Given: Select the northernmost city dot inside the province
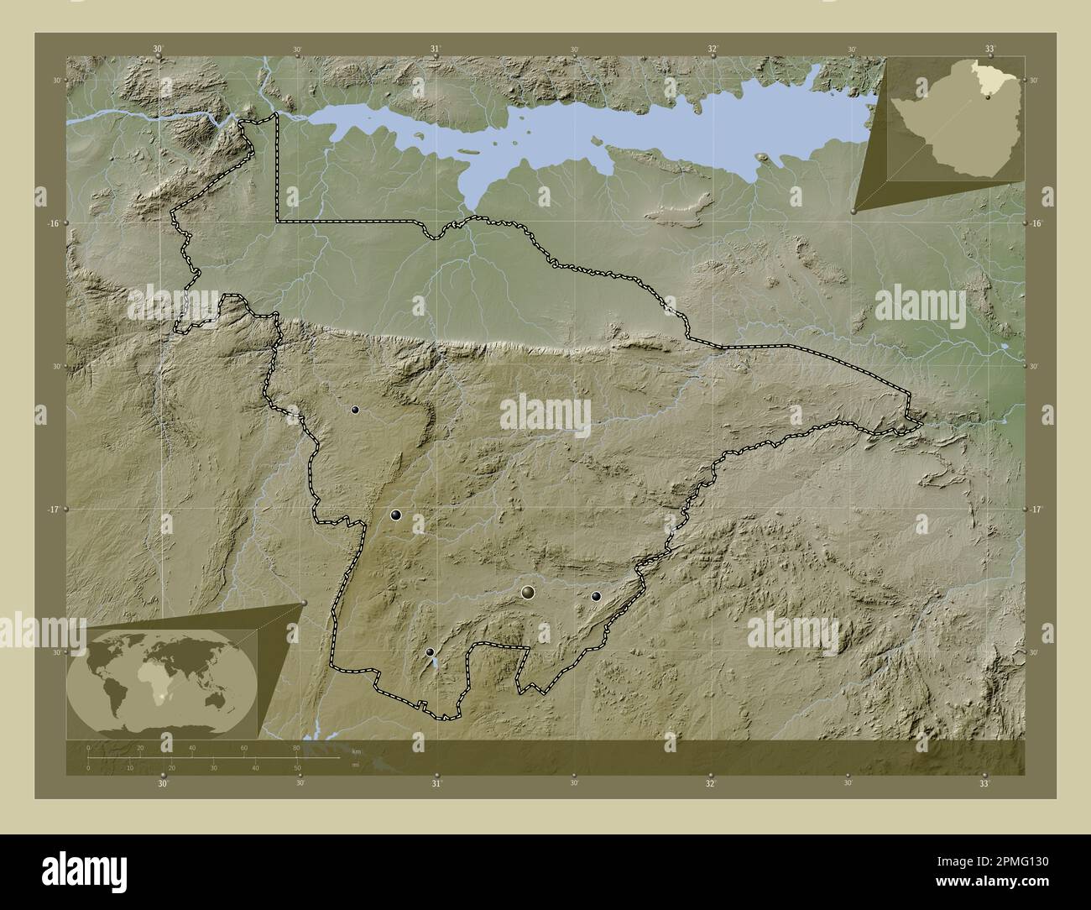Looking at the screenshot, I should coord(355,411).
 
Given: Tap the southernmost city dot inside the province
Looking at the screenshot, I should coord(430,652).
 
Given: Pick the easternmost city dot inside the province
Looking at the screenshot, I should coord(596,597).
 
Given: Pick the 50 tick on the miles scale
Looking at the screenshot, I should coord(297,767).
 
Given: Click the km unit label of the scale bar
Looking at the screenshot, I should coord(356,750).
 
